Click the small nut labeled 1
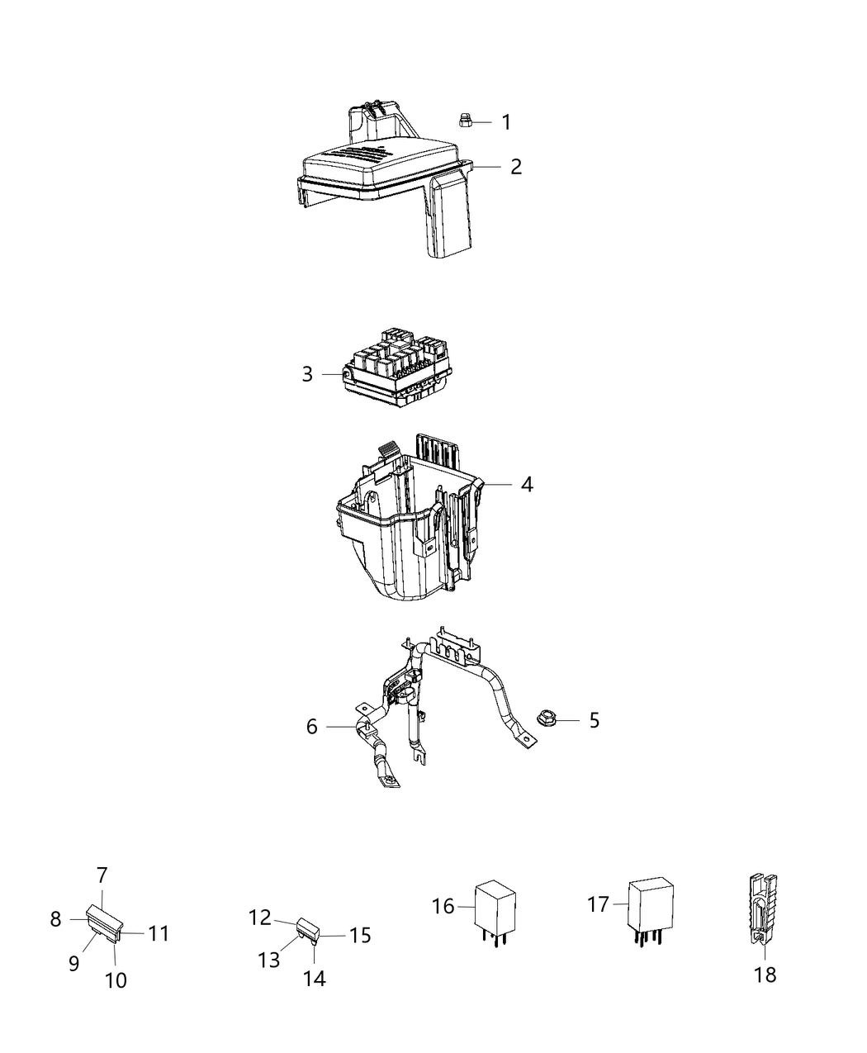tap(465, 121)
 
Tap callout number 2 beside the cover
tap(515, 167)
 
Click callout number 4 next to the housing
tap(526, 484)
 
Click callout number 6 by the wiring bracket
tap(311, 726)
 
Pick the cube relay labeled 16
tap(495, 908)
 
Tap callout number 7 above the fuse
tap(102, 875)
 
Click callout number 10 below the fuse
tap(116, 980)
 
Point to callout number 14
tap(315, 979)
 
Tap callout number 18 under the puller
tap(765, 975)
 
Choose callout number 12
tap(260, 917)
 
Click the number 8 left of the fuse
tap(55, 918)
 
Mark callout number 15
tap(360, 935)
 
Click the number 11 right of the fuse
tap(159, 933)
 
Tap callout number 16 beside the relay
tap(443, 906)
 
